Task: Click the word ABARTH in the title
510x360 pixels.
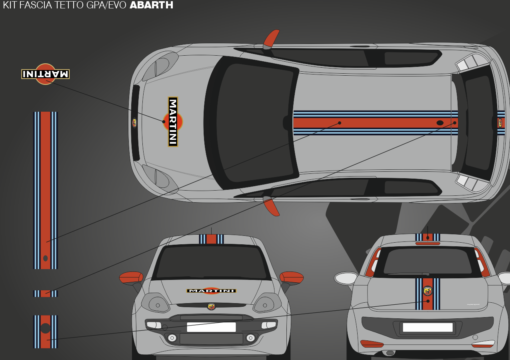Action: [x=151, y=5]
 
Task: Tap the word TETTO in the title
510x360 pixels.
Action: [x=66, y=5]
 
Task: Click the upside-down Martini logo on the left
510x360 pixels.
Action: [x=45, y=74]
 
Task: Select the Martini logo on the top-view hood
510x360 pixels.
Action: [x=173, y=122]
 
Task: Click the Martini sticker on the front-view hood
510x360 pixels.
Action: [x=211, y=291]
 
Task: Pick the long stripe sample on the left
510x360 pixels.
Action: [x=45, y=190]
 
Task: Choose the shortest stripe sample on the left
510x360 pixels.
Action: [x=45, y=293]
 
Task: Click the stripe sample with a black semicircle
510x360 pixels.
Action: [x=45, y=332]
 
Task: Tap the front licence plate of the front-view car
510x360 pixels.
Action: [x=211, y=327]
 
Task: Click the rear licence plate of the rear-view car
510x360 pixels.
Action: [x=428, y=327]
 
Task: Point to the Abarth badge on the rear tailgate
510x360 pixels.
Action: [x=428, y=291]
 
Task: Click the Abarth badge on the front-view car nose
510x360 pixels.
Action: [x=211, y=306]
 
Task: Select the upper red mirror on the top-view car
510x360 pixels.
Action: [x=271, y=39]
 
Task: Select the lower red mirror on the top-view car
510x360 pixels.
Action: [x=271, y=206]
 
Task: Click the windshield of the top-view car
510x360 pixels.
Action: [x=252, y=123]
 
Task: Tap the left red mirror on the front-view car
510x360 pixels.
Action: [x=131, y=277]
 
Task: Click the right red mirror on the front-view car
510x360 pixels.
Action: [x=292, y=277]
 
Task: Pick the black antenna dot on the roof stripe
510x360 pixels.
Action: [x=440, y=123]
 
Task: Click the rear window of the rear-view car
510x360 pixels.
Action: [x=428, y=263]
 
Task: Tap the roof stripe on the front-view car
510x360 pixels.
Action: [x=211, y=239]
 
